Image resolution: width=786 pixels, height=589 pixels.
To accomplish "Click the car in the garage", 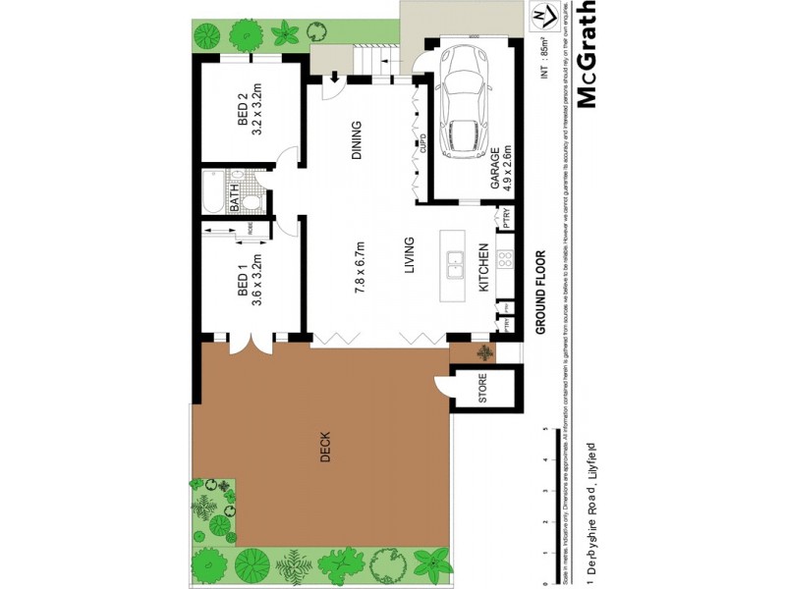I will pos(463,101).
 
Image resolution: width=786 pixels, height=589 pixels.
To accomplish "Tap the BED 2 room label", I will pos(243,111).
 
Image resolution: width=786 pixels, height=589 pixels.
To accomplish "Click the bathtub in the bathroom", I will pos(212,192).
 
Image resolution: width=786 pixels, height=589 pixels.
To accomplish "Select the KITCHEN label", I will pos(483,269).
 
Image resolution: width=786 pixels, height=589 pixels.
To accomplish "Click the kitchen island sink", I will pos(455,265).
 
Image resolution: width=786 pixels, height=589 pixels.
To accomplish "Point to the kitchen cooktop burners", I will pos(506,260).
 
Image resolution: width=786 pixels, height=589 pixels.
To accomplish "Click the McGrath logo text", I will pos(587,57).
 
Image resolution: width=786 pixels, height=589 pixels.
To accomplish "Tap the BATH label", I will pos(236,198).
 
